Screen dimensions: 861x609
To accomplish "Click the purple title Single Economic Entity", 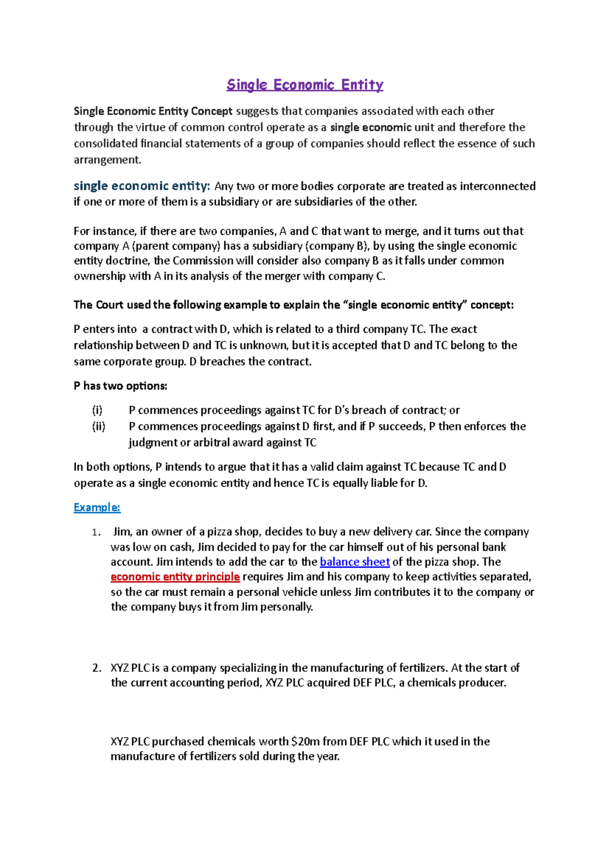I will pyautogui.click(x=304, y=85).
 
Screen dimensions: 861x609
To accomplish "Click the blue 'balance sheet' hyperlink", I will pyautogui.click(x=355, y=562).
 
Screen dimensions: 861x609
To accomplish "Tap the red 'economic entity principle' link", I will pyautogui.click(x=175, y=577).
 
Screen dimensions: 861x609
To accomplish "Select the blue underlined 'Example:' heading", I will pyautogui.click(x=97, y=508).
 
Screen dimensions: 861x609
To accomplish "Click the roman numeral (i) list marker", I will pyautogui.click(x=97, y=410).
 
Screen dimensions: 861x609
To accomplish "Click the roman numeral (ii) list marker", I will pyautogui.click(x=98, y=426).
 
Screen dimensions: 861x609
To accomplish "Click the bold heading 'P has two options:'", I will pyautogui.click(x=120, y=386).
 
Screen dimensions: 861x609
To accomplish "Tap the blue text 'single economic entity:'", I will pyautogui.click(x=142, y=186).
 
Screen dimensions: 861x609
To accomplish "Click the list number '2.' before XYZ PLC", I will pyautogui.click(x=97, y=668).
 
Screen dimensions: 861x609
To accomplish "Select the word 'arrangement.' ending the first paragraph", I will pyautogui.click(x=108, y=160).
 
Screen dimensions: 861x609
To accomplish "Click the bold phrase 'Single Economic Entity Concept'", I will pyautogui.click(x=153, y=111).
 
